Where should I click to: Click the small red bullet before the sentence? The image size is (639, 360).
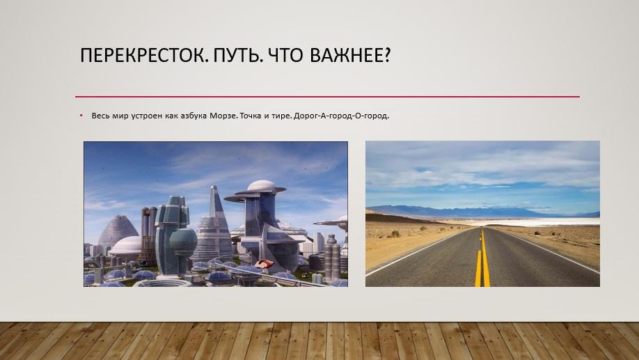[81, 116]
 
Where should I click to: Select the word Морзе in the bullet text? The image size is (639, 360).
[223, 116]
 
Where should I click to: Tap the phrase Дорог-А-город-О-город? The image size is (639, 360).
[341, 116]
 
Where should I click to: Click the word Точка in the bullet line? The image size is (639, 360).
[250, 116]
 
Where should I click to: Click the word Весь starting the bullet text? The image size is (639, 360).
[100, 116]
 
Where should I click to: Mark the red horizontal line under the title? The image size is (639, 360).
[327, 97]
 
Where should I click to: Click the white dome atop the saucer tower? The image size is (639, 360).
[261, 185]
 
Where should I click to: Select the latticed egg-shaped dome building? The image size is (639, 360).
[118, 230]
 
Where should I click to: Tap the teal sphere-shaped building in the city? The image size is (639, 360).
[183, 242]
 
